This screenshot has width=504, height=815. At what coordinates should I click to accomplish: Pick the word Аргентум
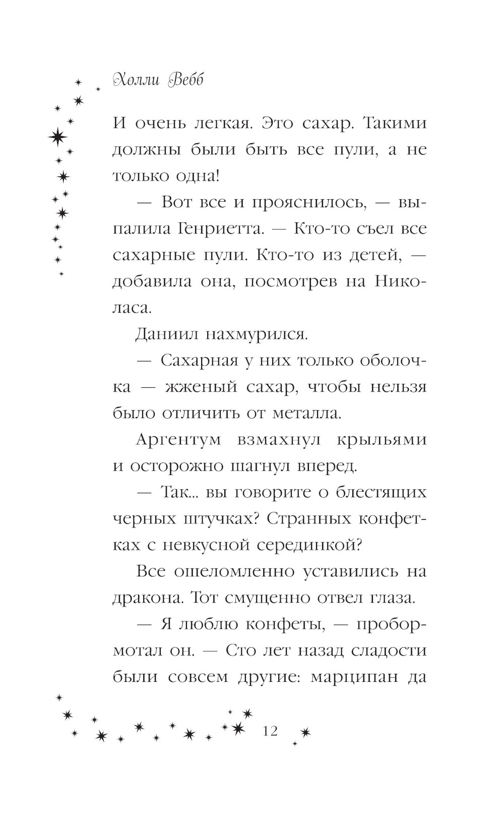click(x=179, y=440)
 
